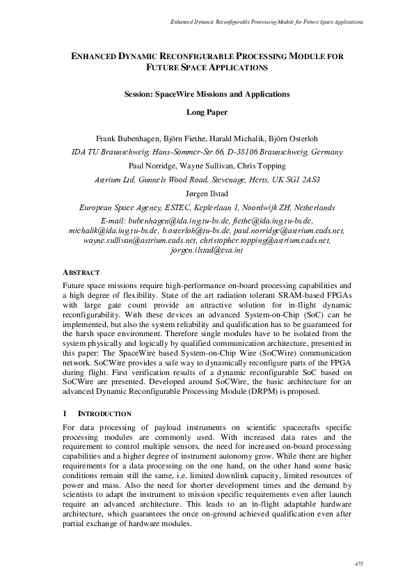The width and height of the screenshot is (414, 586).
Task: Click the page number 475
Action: tap(358, 563)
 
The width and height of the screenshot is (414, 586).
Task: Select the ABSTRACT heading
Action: tap(81, 272)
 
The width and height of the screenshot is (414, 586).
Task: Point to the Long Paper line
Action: tap(207, 111)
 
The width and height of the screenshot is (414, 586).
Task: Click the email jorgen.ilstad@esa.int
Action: tap(207, 249)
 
